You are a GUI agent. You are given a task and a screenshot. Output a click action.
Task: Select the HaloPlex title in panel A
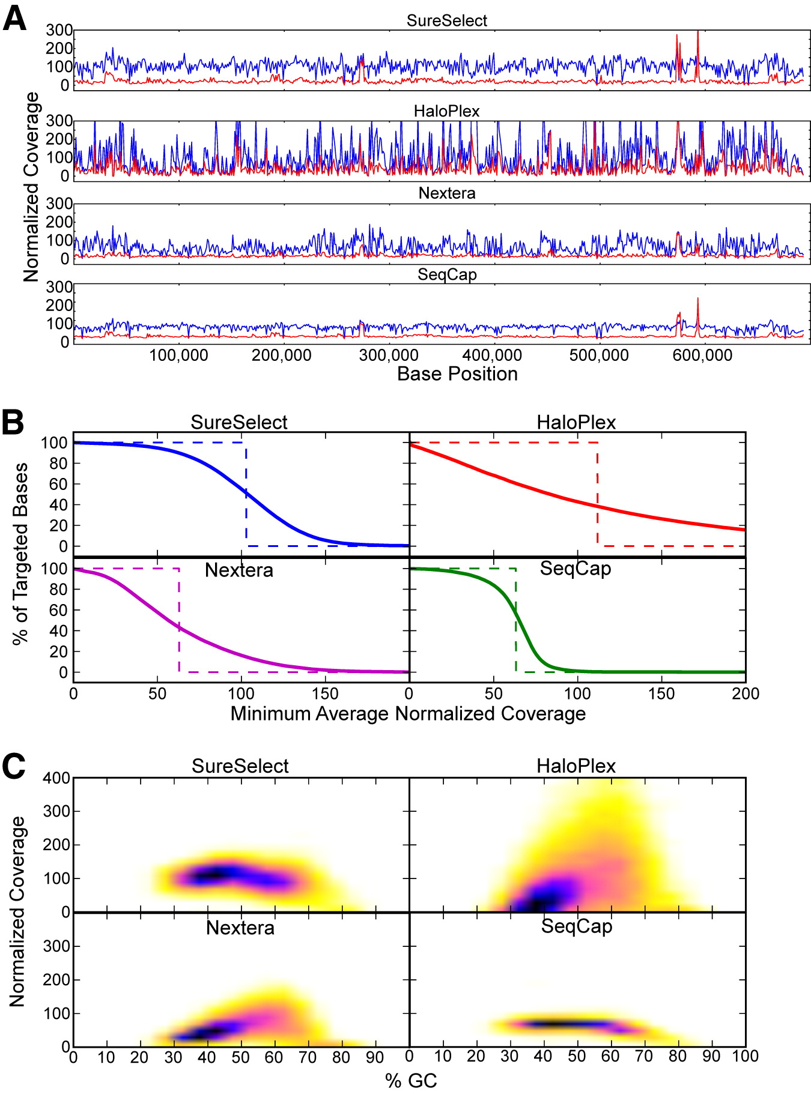(x=447, y=112)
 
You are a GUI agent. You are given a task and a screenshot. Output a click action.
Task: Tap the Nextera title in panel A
(x=447, y=193)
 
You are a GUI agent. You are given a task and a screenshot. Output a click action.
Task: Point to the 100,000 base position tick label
(x=178, y=355)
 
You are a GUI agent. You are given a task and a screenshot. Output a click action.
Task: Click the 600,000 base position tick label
(x=702, y=355)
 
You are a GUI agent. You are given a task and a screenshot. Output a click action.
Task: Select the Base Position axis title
(x=457, y=374)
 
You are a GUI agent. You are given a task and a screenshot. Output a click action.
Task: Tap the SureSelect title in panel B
(x=239, y=423)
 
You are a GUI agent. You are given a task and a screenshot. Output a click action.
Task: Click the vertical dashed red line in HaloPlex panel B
(x=597, y=494)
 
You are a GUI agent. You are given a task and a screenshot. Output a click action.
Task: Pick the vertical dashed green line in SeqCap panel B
(x=516, y=620)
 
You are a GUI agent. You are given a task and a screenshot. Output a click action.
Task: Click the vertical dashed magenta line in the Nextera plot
(x=179, y=620)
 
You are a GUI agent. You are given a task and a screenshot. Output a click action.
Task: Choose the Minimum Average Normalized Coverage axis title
(x=408, y=714)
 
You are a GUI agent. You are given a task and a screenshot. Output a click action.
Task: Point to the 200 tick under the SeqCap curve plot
(x=746, y=694)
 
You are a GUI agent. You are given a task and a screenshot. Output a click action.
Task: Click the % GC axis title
(x=411, y=1081)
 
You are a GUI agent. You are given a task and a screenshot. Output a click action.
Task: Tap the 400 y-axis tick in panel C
(x=57, y=778)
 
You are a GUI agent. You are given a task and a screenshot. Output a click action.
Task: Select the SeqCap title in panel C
(x=577, y=926)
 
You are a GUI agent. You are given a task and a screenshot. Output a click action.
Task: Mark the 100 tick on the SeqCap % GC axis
(x=746, y=1057)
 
